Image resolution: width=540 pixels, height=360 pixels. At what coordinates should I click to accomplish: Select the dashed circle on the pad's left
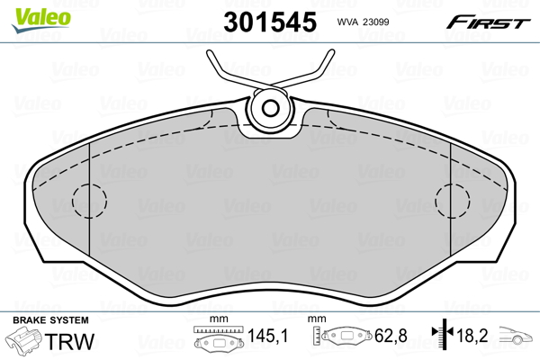(x=88, y=200)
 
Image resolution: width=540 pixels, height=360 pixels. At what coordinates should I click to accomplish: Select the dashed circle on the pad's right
(x=453, y=200)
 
